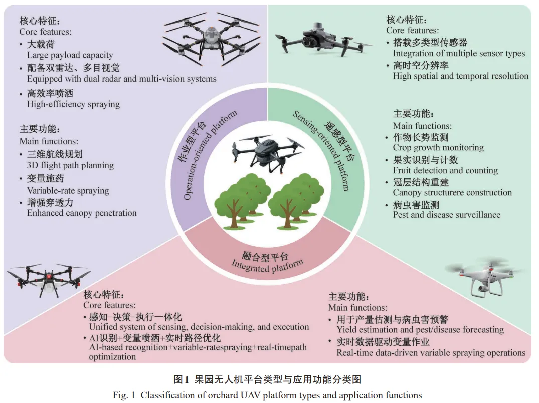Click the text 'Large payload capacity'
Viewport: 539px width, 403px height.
[70, 55]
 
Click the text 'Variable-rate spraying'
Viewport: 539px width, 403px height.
[68, 190]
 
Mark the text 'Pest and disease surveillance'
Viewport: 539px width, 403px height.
[446, 215]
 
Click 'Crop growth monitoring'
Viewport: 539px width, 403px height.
[438, 148]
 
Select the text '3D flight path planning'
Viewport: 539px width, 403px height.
[70, 165]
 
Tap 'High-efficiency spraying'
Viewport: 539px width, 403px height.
[73, 104]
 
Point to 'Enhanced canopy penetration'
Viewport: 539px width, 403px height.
[82, 213]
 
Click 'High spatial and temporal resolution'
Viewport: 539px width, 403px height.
[460, 76]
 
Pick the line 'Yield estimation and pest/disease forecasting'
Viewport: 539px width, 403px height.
[420, 329]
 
